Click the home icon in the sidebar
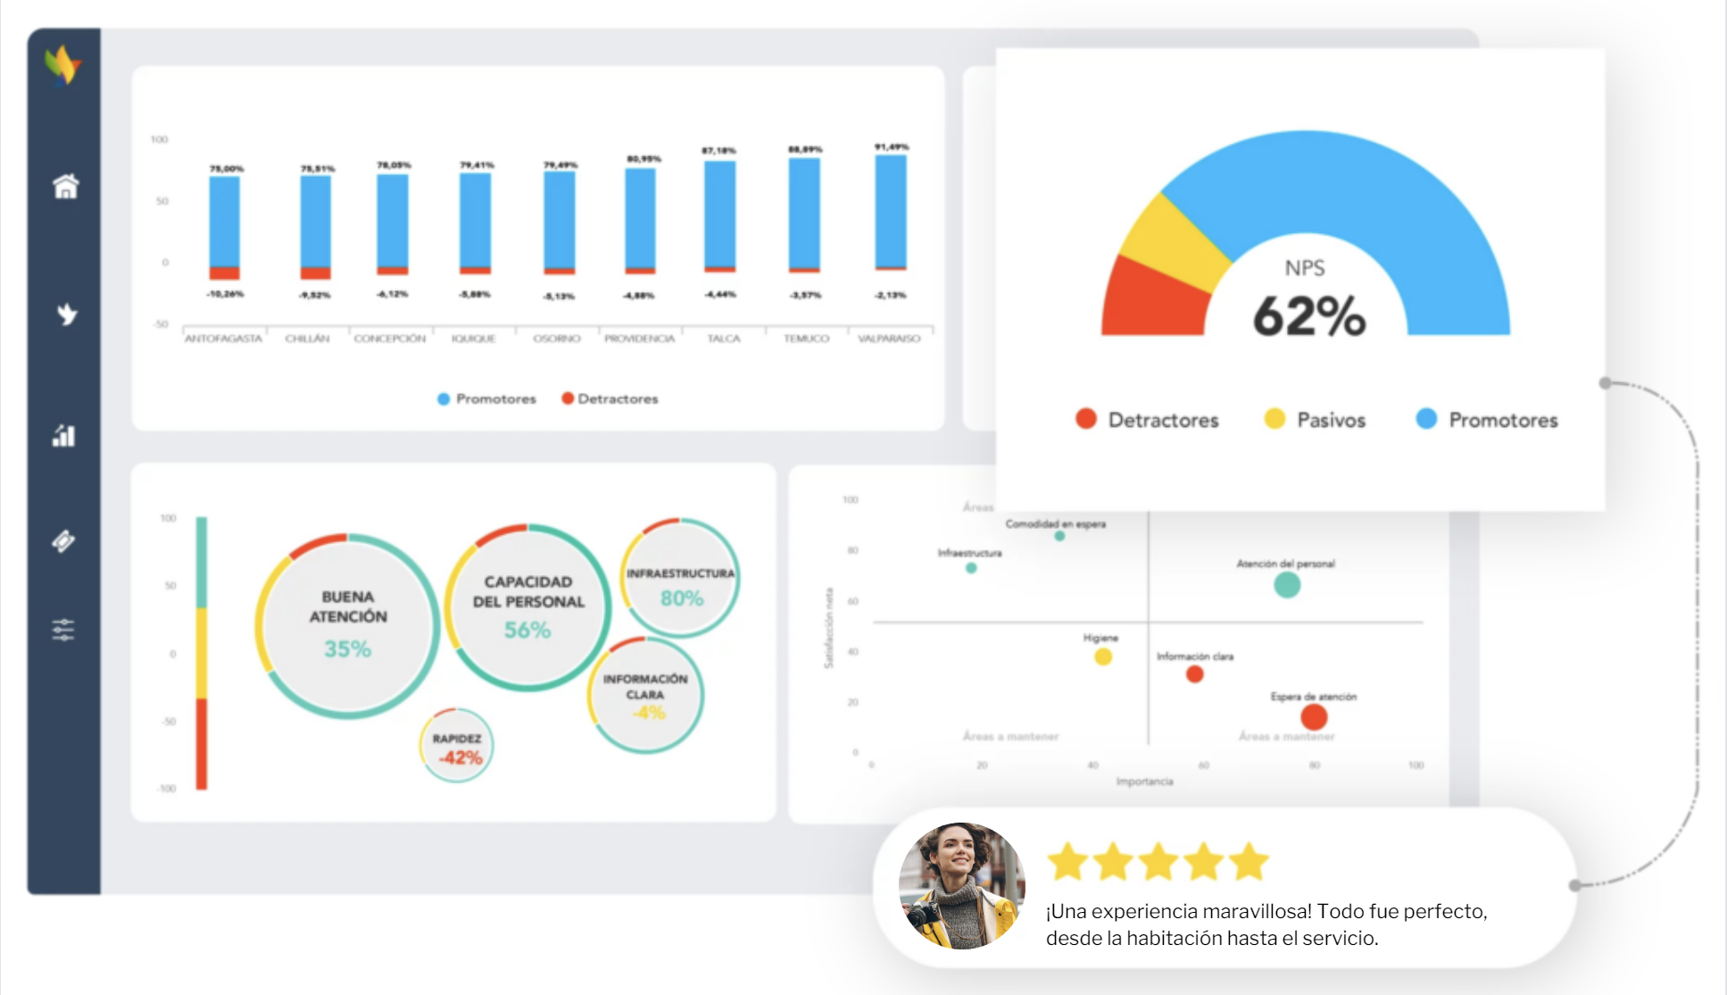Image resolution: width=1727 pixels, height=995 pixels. coord(65,187)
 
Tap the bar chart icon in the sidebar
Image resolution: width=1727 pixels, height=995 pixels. coord(63,436)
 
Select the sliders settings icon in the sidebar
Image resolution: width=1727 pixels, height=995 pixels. coord(63,630)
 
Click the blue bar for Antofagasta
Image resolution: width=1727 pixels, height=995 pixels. coord(224,221)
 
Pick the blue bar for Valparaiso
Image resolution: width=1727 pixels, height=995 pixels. coord(891,211)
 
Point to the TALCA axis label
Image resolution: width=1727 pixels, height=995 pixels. coord(723,339)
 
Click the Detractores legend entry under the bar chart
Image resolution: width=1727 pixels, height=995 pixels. coord(610,398)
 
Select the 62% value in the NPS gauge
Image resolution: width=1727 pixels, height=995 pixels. coord(1308,316)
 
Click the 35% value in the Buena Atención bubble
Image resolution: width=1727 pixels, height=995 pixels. coord(347,648)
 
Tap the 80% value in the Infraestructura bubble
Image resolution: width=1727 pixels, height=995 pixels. coord(682,598)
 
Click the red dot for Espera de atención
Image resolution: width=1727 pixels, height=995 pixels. coord(1313,716)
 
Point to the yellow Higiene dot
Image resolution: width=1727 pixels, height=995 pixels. coord(1103,657)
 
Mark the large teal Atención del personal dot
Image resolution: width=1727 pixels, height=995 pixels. coord(1286,585)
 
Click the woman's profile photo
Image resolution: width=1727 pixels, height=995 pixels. coord(961,885)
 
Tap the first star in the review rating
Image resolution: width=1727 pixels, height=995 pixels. coord(1067,862)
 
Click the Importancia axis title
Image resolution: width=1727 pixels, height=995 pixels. coord(1144,782)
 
